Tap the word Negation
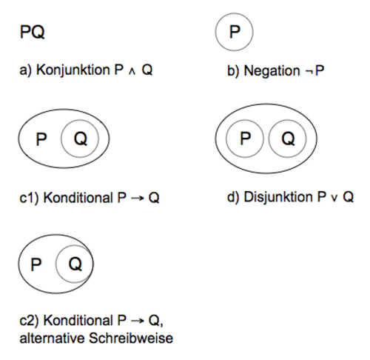click(272, 71)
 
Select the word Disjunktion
click(278, 198)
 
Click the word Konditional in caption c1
click(78, 198)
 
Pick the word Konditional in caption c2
click(78, 321)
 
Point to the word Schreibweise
click(131, 339)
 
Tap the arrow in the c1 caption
click(138, 198)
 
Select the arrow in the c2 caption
click(138, 321)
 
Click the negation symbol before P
click(309, 72)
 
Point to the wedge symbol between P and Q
click(132, 71)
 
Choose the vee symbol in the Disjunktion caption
click(334, 199)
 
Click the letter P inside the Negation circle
click(235, 32)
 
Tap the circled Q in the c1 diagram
click(81, 139)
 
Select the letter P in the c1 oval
click(41, 139)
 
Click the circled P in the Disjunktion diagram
click(245, 139)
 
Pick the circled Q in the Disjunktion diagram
click(288, 139)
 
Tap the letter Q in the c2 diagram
click(75, 264)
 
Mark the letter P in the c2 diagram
click(36, 264)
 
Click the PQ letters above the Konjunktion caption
click(33, 32)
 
